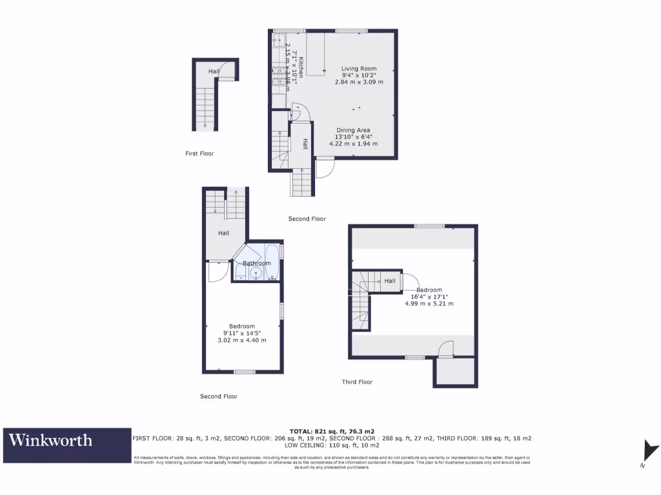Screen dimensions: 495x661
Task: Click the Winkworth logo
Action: coord(50,441)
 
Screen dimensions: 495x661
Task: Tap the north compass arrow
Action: coord(651,451)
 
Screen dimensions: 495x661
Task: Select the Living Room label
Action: coord(359,68)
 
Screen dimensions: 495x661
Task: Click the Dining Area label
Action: coord(353,130)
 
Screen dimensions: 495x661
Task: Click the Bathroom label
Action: coord(256,263)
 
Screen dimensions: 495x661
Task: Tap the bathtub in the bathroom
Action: coord(273,260)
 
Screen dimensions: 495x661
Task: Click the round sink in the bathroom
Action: coord(256,273)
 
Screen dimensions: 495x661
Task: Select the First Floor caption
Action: coord(199,153)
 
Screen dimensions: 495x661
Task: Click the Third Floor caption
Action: coord(357,382)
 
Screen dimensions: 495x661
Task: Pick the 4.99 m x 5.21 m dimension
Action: coord(429,304)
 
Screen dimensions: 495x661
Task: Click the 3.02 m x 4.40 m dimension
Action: coord(242,340)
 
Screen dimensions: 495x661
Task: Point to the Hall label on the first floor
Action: coord(214,71)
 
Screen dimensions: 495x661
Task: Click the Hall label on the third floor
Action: coord(390,281)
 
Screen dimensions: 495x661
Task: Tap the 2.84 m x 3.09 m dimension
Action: coord(359,82)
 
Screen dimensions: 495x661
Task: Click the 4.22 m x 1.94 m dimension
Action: coord(353,144)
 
